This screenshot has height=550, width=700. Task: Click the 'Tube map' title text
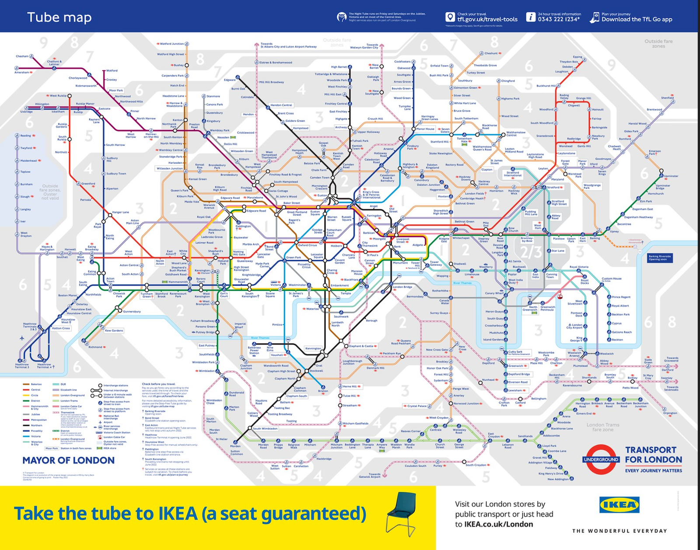(59, 17)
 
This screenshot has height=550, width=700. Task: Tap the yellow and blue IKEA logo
(619, 505)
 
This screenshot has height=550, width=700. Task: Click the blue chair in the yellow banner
(401, 513)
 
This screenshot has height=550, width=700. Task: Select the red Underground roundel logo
(601, 459)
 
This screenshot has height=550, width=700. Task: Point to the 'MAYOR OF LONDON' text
(68, 460)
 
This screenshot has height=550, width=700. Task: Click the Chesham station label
(22, 56)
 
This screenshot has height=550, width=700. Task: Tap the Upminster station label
(671, 176)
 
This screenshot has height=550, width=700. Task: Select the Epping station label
(577, 57)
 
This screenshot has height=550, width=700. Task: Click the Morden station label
(235, 446)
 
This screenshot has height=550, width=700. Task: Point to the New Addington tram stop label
(558, 479)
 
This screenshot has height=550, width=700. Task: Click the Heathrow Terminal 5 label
(22, 366)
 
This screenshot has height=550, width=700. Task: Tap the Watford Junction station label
(171, 44)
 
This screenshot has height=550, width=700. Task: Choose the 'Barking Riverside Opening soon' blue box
(660, 258)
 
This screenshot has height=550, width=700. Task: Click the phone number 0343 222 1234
(559, 19)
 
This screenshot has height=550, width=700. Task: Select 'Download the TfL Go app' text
(637, 20)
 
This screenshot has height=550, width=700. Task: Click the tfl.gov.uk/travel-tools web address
(487, 20)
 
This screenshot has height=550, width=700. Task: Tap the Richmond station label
(95, 347)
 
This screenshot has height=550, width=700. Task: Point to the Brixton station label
(322, 391)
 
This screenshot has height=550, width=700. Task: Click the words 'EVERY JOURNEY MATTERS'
(653, 471)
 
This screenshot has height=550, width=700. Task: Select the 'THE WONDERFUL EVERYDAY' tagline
(619, 531)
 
